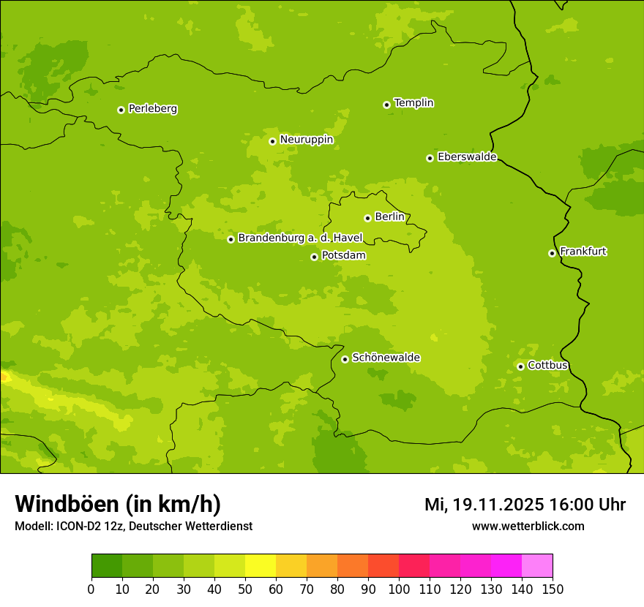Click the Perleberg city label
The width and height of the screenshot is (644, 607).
tap(152, 109)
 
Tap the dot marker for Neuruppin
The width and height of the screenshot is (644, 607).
tap(272, 141)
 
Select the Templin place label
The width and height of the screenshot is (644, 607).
tap(413, 103)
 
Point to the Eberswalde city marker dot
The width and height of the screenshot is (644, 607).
tap(430, 158)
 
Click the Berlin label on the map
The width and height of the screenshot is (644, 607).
tap(389, 217)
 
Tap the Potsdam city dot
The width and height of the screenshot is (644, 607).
tap(314, 257)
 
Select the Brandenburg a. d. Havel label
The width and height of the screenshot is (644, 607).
tap(300, 238)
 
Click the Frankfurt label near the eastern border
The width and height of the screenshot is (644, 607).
tap(583, 252)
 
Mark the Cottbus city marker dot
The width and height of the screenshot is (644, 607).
tap(520, 366)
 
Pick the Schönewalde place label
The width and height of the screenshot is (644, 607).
tap(386, 358)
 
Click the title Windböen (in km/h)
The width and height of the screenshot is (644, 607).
tap(118, 504)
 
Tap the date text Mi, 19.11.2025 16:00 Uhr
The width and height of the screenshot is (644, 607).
tap(525, 505)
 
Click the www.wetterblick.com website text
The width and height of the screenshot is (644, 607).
tap(528, 526)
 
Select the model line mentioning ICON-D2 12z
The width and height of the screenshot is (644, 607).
tap(133, 526)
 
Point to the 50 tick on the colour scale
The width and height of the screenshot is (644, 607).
tap(244, 589)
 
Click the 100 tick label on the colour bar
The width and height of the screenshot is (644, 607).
tap(398, 589)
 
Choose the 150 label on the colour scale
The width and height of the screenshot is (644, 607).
tap(552, 589)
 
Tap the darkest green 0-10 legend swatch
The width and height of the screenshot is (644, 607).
tap(106, 566)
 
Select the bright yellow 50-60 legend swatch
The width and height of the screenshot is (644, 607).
tap(260, 566)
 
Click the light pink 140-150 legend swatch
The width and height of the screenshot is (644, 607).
tap(536, 566)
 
